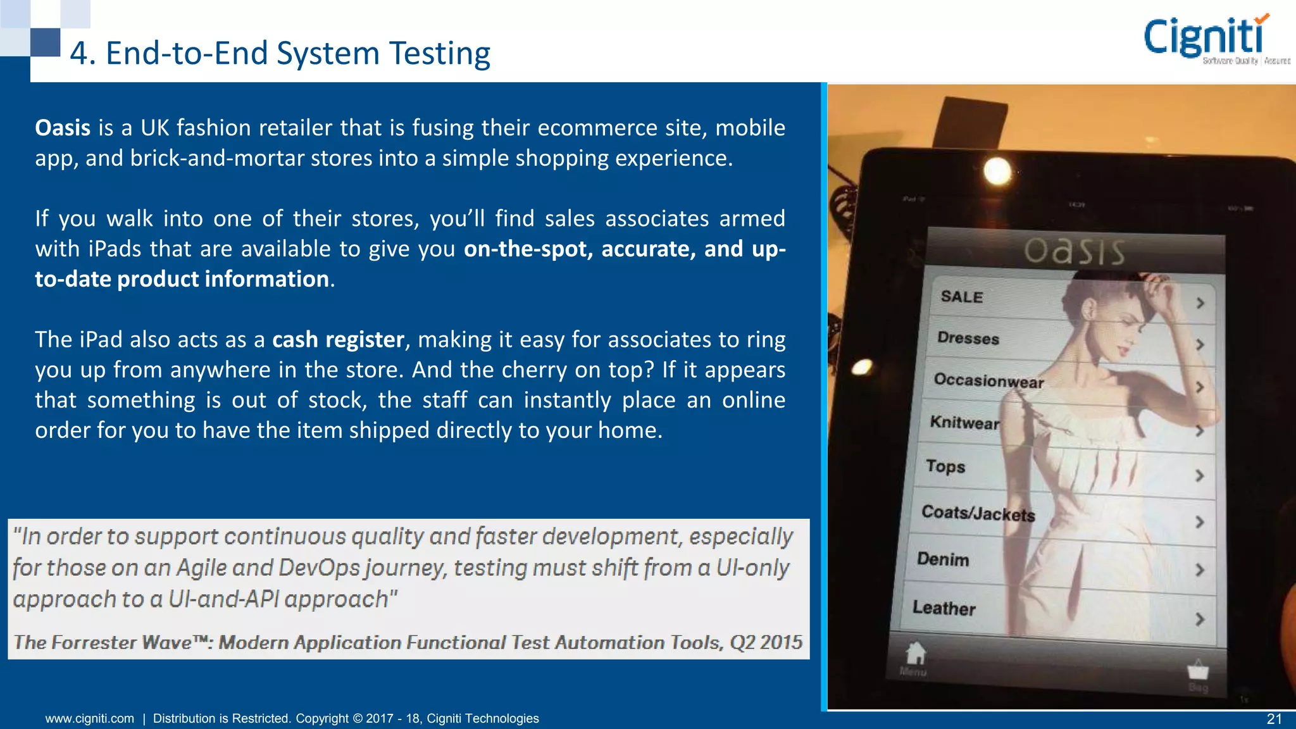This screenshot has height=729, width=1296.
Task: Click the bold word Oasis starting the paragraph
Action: coord(63,128)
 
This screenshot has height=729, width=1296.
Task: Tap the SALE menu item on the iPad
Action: coord(961,297)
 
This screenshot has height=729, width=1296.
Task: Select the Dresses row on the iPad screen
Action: coord(968,338)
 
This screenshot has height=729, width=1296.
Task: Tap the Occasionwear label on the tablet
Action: coord(988,380)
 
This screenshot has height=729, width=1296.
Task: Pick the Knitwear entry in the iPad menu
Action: coord(964,423)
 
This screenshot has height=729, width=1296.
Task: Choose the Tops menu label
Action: coord(945,467)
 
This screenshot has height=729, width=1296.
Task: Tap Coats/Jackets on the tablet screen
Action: coord(978,513)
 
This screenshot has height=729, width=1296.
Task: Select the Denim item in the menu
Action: coord(943,559)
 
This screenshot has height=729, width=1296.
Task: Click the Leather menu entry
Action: coord(944,608)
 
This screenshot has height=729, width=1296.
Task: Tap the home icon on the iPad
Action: coord(915,654)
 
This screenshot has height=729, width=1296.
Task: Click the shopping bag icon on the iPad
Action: coord(1197,670)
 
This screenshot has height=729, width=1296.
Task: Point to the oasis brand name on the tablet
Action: coord(1075,251)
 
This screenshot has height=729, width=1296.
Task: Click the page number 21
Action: coord(1274,719)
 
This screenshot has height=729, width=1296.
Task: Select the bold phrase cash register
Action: coord(338,340)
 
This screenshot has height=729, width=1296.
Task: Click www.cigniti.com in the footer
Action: coord(90,718)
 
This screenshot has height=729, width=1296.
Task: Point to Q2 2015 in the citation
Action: coord(766,642)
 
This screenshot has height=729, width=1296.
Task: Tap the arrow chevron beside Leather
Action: coord(1199,619)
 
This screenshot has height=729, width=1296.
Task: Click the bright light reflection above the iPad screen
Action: coord(997,171)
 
